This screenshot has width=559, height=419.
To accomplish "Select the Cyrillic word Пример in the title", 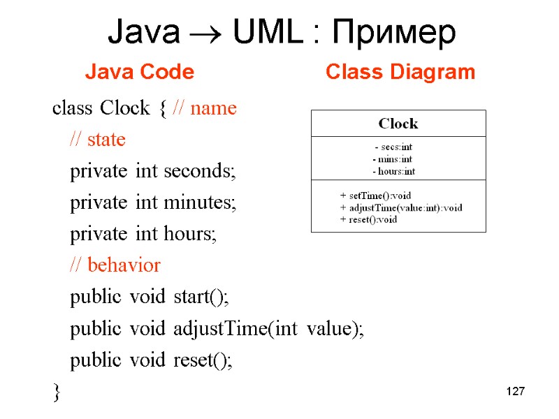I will click(395, 34).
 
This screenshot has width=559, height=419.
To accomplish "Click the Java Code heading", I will click(139, 72).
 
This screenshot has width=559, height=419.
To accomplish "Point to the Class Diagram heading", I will click(400, 72).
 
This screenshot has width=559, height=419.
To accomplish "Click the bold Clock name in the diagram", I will click(398, 124).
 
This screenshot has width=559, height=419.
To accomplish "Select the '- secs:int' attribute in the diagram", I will click(393, 147).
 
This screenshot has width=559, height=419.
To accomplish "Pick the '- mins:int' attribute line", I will click(393, 159).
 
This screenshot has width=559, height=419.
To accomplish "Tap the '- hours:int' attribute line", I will click(394, 171).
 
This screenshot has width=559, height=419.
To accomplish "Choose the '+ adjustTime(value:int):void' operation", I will click(401, 208).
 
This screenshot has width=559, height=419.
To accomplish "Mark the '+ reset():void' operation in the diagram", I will click(368, 219).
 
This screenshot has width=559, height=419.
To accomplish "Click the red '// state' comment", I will click(97, 140).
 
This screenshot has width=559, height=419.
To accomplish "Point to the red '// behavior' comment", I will click(115, 265).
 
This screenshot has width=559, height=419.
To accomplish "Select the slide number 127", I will click(514, 392).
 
